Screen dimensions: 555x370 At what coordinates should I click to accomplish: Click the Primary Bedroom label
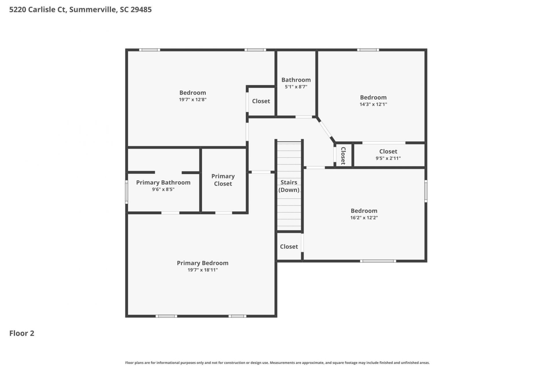(x=203, y=263)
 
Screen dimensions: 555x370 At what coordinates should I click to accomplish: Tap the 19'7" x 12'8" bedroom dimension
(x=193, y=100)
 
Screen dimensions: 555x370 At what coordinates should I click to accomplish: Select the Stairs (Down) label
(x=289, y=186)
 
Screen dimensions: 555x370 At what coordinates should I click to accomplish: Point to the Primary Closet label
(x=223, y=180)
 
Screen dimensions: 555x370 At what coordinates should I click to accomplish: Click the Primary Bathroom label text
(x=163, y=182)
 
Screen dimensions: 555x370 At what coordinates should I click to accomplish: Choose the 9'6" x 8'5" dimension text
(x=163, y=190)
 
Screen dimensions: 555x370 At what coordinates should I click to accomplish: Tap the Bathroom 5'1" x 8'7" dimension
(x=296, y=87)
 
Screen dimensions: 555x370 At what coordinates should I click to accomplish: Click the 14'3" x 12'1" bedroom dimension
(x=373, y=104)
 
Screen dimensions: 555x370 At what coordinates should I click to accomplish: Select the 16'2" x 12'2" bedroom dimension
(x=364, y=218)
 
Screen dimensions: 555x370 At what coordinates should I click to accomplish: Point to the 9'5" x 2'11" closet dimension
(x=388, y=158)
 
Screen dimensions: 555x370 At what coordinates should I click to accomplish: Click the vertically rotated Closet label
(x=343, y=156)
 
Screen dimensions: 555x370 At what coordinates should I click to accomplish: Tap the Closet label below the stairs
(x=289, y=247)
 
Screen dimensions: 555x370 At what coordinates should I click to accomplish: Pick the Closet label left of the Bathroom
(x=261, y=101)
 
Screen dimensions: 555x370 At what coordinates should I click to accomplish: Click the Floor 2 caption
(x=22, y=333)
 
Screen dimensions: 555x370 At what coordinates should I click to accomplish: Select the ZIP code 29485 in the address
(x=141, y=10)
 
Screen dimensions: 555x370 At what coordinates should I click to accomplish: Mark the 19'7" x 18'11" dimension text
(x=203, y=270)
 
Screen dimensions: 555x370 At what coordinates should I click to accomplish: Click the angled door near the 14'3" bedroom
(x=326, y=130)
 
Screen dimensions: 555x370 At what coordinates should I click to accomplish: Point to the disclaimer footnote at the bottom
(x=277, y=363)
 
